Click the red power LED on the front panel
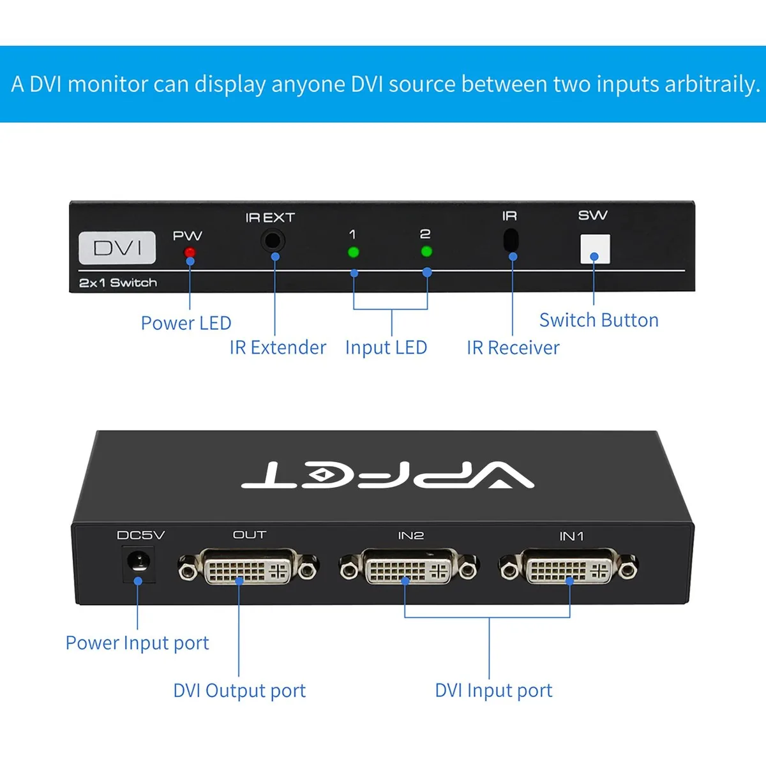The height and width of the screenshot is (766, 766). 190,252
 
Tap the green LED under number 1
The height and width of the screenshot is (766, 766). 354,252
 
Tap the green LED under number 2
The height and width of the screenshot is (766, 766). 426,252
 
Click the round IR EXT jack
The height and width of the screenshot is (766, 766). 273,241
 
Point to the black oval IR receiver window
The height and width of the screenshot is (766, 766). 511,240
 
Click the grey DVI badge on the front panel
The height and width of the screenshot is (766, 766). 117,248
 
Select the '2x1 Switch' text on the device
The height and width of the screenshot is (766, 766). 118,283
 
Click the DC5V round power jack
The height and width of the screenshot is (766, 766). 138,562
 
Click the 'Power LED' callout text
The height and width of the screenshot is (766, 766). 186,323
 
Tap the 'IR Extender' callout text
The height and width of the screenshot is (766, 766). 278,347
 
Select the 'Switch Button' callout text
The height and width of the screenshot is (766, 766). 599,320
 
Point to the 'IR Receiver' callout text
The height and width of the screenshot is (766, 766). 513,347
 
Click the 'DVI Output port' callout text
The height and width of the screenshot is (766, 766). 239,691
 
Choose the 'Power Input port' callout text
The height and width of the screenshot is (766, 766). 137,643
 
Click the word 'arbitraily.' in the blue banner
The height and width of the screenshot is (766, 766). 712,84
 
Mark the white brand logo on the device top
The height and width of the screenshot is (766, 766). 387,475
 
